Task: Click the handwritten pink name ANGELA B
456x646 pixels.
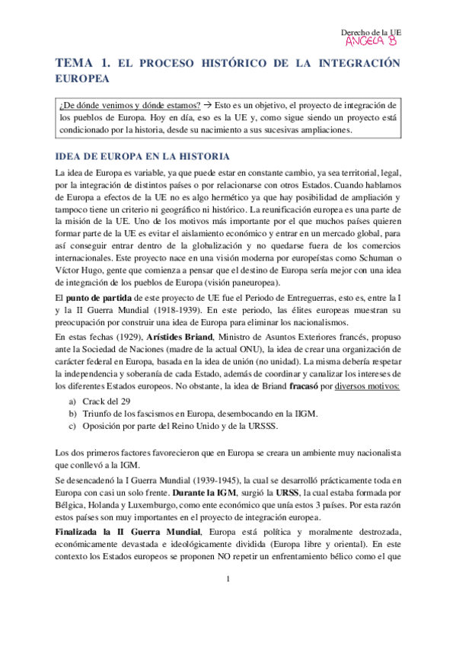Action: click(371, 41)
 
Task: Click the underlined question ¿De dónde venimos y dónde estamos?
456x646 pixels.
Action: click(130, 104)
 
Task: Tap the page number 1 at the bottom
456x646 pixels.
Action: click(228, 602)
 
